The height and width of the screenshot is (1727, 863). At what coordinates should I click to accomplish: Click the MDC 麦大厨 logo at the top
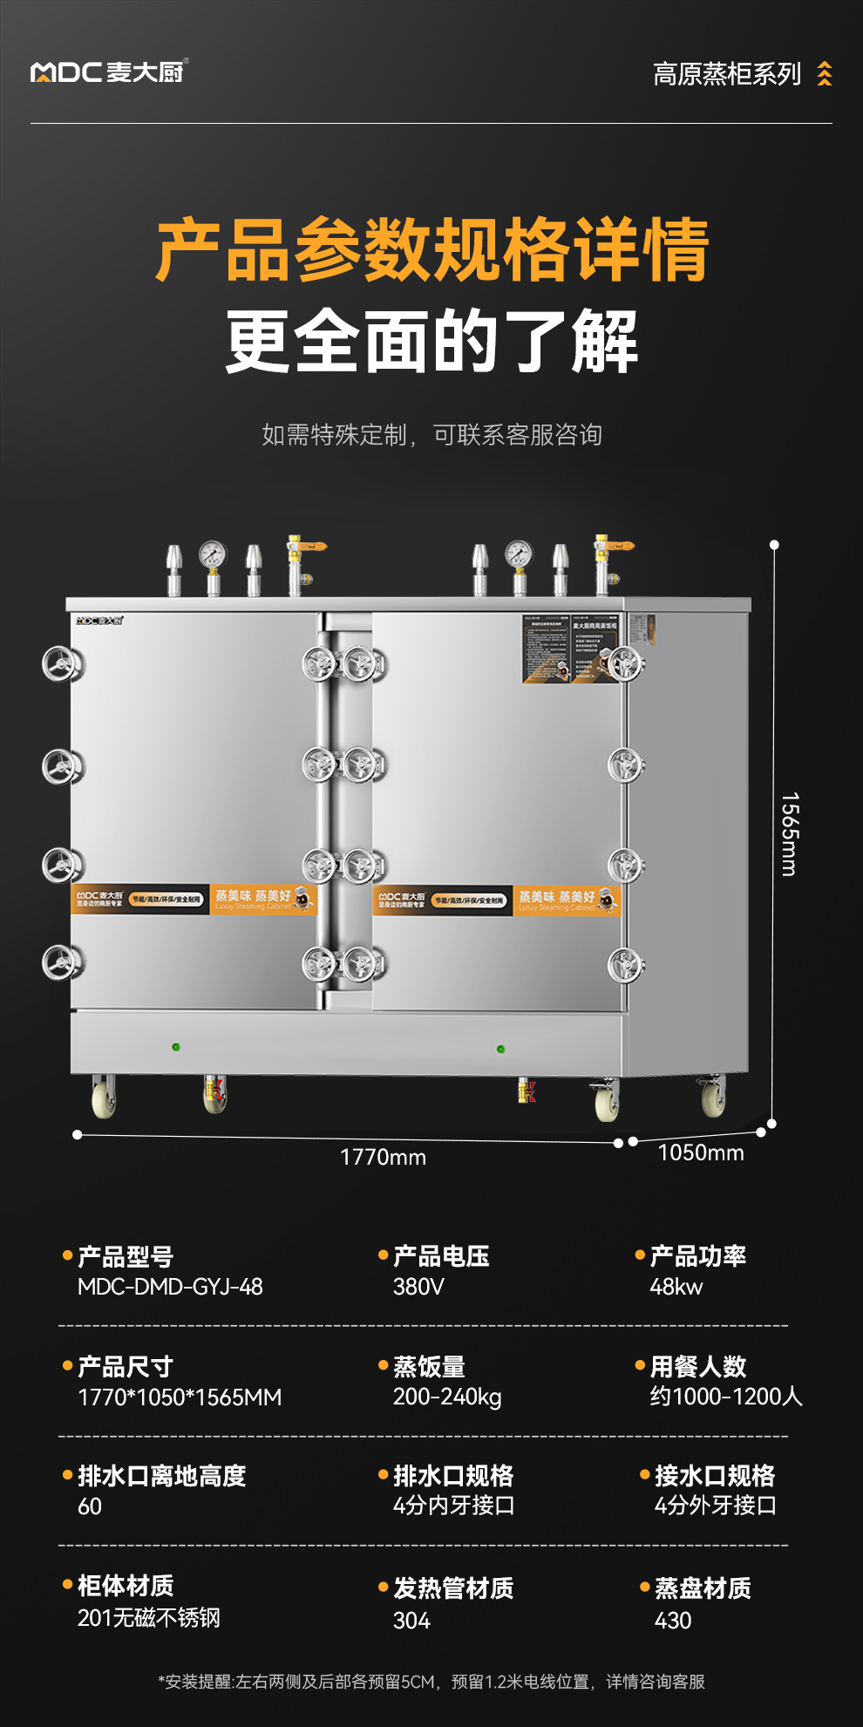(x=108, y=71)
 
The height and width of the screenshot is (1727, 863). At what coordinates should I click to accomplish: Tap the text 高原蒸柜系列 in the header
(x=726, y=74)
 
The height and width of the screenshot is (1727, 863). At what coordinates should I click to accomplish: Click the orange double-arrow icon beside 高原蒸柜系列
(x=824, y=74)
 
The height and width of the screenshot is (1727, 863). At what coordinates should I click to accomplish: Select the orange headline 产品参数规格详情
(x=431, y=251)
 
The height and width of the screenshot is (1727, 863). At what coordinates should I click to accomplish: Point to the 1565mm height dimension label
(x=789, y=833)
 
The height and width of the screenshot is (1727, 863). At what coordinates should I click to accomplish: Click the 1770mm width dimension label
(x=383, y=1157)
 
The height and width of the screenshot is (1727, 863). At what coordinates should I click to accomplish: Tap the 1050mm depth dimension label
(x=700, y=1152)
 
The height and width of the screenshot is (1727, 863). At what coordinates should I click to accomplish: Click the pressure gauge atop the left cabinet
(x=212, y=555)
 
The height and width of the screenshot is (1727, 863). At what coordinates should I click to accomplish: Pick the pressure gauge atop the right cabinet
(x=519, y=555)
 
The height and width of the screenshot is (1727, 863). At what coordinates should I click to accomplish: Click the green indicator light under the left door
(x=176, y=1046)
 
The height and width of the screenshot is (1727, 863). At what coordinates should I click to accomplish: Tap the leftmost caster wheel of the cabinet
(x=104, y=1096)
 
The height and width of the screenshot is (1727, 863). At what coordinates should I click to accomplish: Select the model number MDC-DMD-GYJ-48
(x=170, y=1287)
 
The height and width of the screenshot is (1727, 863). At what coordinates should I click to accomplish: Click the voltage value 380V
(x=418, y=1287)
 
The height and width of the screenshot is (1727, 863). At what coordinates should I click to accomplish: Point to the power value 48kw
(x=676, y=1287)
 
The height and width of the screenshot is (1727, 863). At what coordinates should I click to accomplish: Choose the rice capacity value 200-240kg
(x=447, y=1397)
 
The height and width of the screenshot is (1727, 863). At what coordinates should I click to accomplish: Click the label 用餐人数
(x=697, y=1366)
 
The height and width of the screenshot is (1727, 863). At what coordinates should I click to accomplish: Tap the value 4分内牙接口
(x=453, y=1506)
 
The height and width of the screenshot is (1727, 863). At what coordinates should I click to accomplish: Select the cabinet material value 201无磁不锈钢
(x=148, y=1618)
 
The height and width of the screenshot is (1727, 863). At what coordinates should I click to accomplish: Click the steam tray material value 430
(x=672, y=1621)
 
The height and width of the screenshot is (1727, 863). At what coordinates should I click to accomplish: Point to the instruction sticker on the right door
(x=571, y=649)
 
